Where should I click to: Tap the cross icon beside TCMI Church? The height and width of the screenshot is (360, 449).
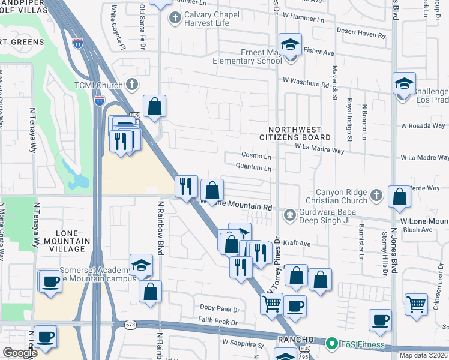coord(132,85)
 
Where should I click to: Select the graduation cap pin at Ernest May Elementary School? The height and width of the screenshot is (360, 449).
coord(291,45)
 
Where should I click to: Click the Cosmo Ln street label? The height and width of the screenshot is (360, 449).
coord(256,156)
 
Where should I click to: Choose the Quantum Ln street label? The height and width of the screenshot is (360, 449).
coord(255,168)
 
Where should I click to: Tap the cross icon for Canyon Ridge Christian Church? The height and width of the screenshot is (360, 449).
coord(376,195)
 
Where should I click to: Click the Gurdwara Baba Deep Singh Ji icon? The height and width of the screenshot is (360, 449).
coord(290,214)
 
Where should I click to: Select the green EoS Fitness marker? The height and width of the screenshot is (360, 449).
coord(331,345)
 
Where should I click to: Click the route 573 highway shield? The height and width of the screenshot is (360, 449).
coord(130,325)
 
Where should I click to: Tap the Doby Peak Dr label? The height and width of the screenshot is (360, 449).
coord(220,309)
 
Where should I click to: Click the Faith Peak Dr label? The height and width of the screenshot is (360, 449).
coord(218,322)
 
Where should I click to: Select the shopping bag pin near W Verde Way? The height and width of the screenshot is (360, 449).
coord(400,196)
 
